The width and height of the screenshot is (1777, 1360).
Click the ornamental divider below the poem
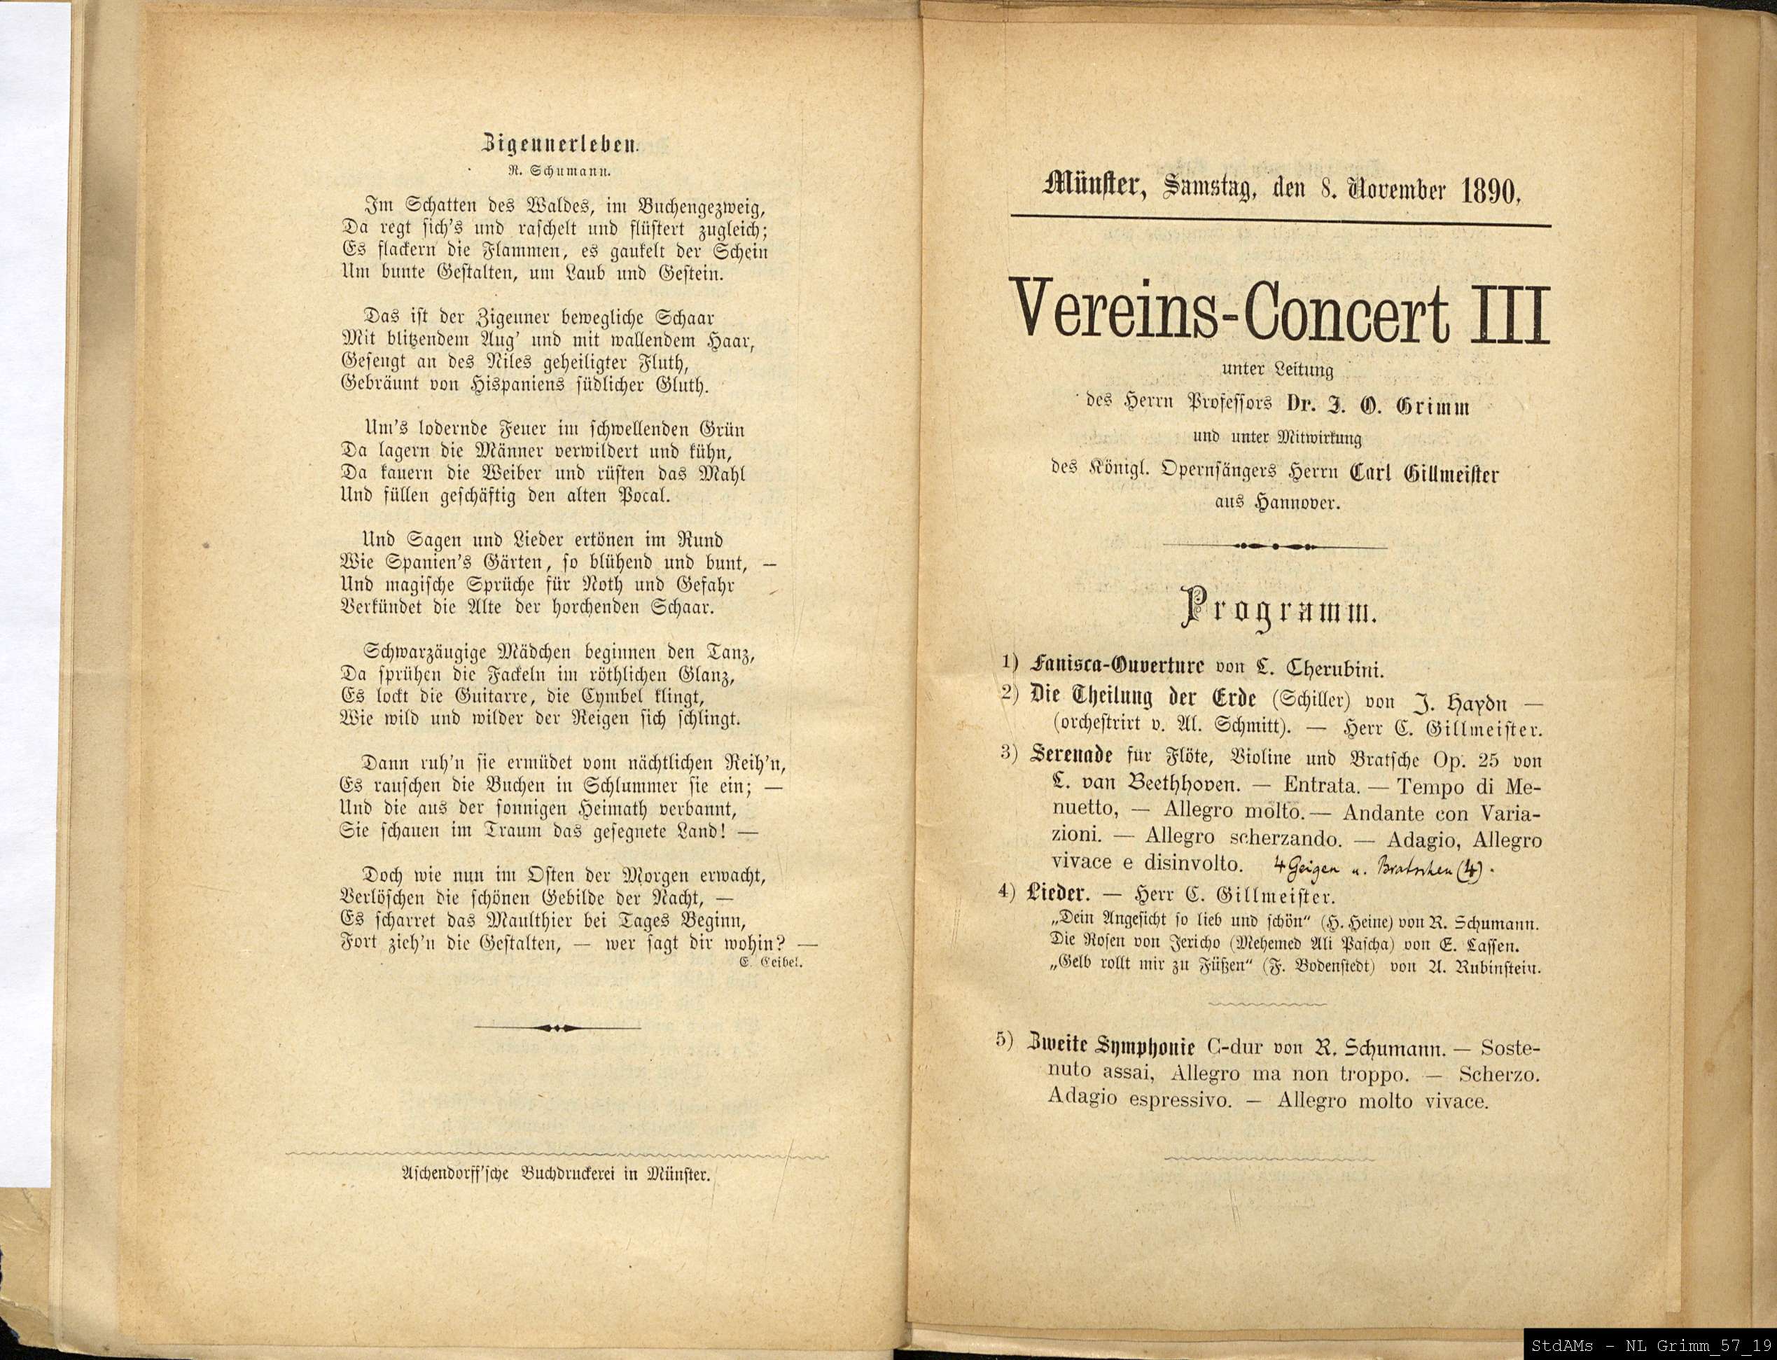pos(557,1027)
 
